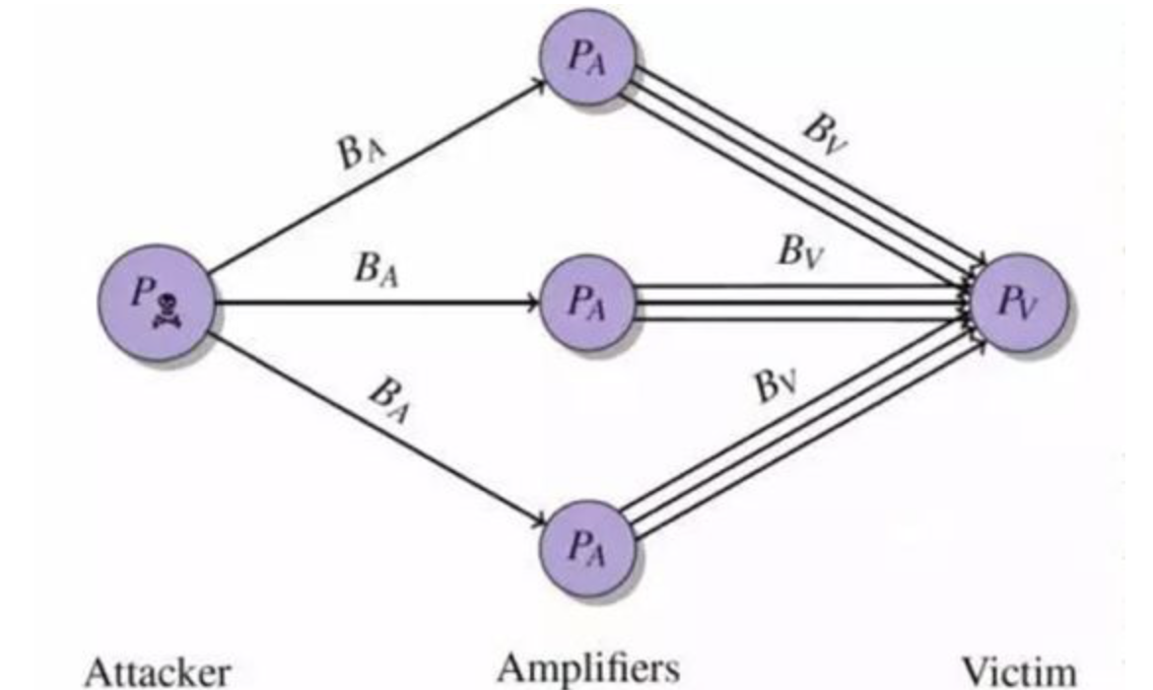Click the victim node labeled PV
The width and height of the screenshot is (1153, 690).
click(1018, 302)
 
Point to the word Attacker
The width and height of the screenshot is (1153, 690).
click(158, 671)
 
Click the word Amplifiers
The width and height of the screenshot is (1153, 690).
click(588, 667)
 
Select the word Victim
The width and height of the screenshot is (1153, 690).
click(1018, 671)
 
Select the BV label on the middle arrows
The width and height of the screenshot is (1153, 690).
click(799, 251)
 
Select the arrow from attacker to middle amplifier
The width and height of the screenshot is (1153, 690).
click(374, 303)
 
